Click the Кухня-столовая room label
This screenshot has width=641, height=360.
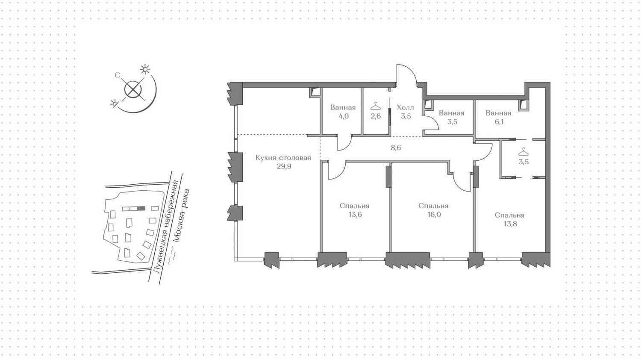tap(283, 157)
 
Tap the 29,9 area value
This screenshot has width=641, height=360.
tap(284, 166)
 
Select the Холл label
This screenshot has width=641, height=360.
tap(405, 108)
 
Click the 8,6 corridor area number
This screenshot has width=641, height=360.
tap(396, 148)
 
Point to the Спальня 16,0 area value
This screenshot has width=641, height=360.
tap(434, 215)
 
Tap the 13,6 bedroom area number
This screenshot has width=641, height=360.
tap(355, 215)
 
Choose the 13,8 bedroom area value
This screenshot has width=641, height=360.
tap(510, 224)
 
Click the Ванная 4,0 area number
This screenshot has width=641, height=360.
tap(344, 116)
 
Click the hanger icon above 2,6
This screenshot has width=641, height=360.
tap(376, 106)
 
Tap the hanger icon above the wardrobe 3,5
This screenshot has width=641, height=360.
tap(523, 151)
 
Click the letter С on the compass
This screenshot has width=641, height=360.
tap(118, 75)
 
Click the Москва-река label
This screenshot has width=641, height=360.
tap(182, 215)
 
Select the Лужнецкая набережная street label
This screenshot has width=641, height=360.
tap(166, 226)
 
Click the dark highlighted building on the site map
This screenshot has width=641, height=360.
tap(141, 209)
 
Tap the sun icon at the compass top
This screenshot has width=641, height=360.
tap(145, 69)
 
